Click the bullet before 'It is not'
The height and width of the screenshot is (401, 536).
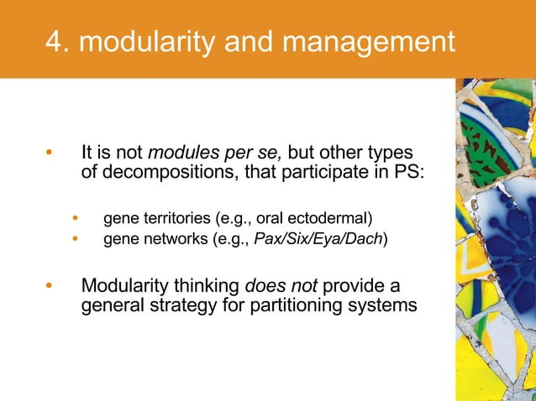(x=49, y=154)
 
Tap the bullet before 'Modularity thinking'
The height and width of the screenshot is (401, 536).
(x=49, y=285)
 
